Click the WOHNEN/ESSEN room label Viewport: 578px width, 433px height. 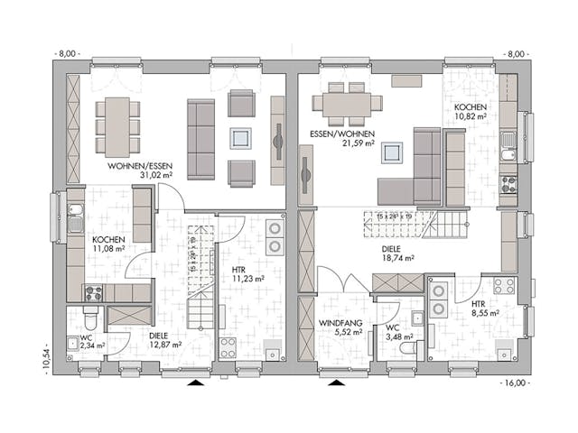coord(140,166)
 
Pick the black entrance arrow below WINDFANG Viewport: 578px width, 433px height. coord(337,383)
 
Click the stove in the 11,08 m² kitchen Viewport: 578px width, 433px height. coord(94,292)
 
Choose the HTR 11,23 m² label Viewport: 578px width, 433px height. coord(239,274)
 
